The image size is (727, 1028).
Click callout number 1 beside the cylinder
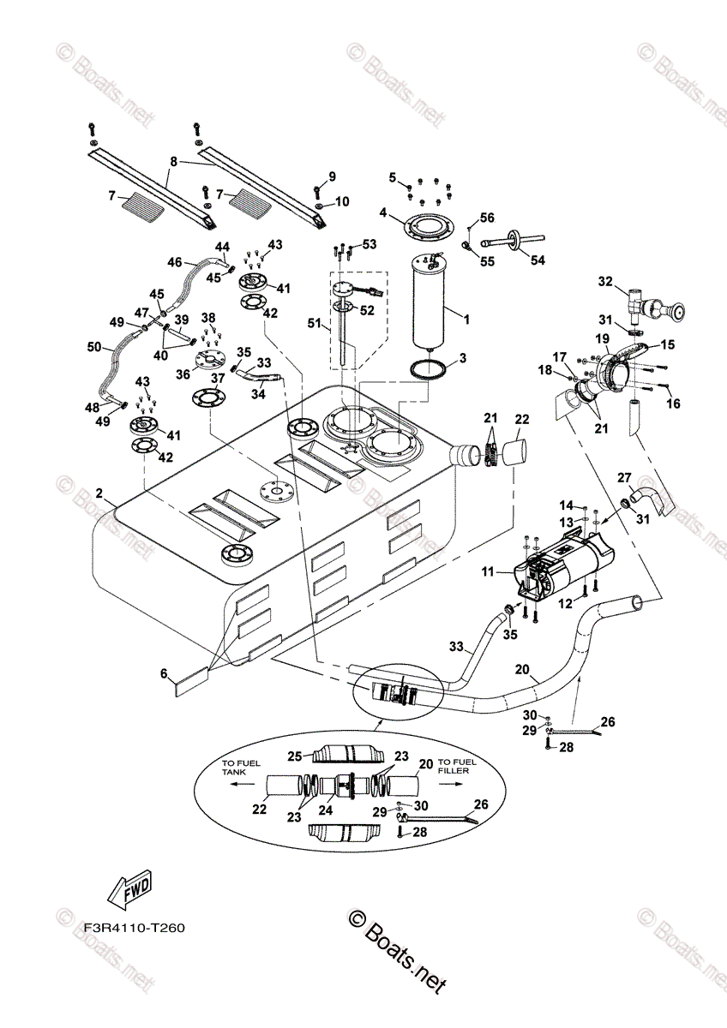click(x=467, y=320)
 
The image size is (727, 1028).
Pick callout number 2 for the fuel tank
click(x=99, y=494)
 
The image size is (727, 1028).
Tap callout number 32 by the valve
click(x=606, y=281)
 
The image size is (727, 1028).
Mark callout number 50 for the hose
click(x=94, y=347)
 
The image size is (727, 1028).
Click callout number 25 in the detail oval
click(x=293, y=756)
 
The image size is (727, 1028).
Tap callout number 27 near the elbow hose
click(x=624, y=478)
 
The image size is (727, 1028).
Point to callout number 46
click(x=175, y=262)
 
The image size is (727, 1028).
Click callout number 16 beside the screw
click(x=671, y=403)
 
